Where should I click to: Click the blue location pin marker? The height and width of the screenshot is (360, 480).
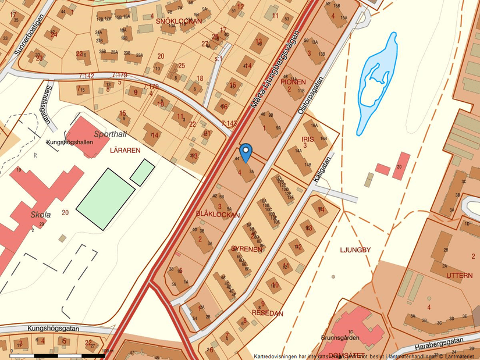tap(246, 152)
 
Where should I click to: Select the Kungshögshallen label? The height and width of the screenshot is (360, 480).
tap(69, 141)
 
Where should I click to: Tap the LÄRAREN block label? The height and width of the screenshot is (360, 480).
tap(125, 149)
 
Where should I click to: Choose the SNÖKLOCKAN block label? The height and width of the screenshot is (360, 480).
tap(179, 21)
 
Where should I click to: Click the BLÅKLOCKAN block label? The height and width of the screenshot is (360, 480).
tap(218, 215)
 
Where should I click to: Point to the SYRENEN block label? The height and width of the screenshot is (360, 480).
tap(247, 248)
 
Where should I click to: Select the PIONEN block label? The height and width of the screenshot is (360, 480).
tap(293, 82)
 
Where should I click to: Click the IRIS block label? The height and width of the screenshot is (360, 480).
tap(307, 140)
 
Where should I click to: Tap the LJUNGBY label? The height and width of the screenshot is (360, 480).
tap(355, 250)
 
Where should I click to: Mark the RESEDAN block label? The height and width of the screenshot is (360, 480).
tap(267, 313)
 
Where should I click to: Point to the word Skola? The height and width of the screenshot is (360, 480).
tap(41, 214)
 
